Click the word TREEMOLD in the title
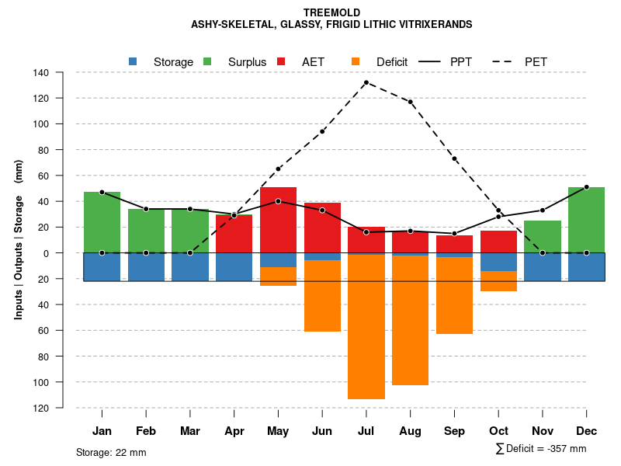(331, 13)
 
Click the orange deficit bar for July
(366, 326)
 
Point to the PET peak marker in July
(366, 82)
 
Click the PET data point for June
(322, 131)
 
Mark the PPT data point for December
(586, 187)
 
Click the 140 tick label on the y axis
(41, 73)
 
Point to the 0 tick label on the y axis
(46, 253)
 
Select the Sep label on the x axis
(454, 431)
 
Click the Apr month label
(234, 431)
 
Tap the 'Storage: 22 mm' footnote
(111, 452)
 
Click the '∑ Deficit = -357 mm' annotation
(540, 449)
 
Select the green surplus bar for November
(543, 237)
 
